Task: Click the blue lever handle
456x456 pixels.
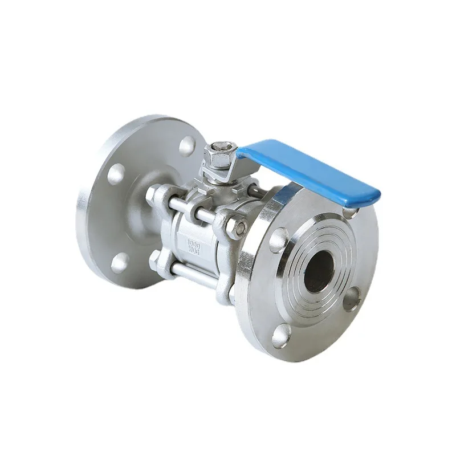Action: point(308,168)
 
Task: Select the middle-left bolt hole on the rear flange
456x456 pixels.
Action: point(116,173)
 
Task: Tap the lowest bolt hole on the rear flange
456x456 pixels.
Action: point(120,262)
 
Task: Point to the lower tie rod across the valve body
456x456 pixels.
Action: point(194,276)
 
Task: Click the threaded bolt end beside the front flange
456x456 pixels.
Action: point(237,227)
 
